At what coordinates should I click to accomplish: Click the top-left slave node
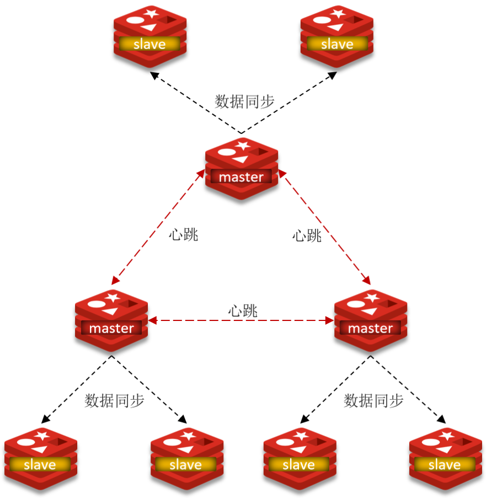pos(149,36)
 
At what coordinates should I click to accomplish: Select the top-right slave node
pos(336,36)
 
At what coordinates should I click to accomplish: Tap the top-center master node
pos(241,169)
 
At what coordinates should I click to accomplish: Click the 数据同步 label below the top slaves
pos(244,101)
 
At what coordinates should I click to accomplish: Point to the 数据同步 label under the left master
pos(114,401)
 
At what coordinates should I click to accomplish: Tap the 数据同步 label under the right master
pos(373,401)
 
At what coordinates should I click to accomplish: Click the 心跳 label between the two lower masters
pos(243,311)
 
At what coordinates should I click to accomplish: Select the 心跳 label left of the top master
pos(183,235)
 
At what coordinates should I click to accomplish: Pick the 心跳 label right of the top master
pos(307,236)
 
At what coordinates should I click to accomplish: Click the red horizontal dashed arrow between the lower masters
pos(241,320)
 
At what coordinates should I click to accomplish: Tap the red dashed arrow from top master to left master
pos(156,227)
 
